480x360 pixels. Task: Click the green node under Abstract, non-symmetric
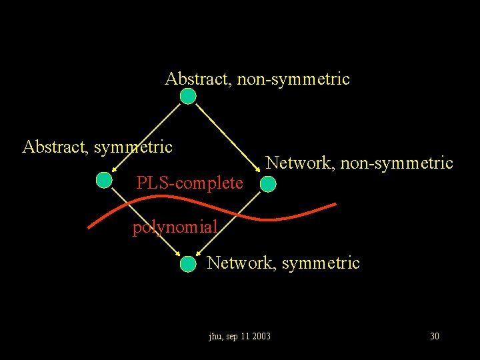[189, 97]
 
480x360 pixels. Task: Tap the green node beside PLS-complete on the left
[103, 180]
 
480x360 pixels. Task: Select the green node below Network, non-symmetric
[267, 184]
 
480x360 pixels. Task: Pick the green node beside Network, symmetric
[189, 264]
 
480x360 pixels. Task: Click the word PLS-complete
[189, 183]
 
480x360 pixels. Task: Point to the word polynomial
[175, 227]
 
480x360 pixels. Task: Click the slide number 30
[435, 336]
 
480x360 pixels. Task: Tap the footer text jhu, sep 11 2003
[239, 336]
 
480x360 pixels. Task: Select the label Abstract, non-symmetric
[257, 79]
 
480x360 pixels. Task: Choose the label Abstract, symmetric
[97, 146]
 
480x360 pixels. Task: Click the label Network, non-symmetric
[359, 163]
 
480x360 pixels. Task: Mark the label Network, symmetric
[283, 263]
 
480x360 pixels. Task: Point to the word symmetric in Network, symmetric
[321, 263]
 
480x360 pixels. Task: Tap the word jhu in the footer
[215, 336]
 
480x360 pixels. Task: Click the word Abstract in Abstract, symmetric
[54, 146]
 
